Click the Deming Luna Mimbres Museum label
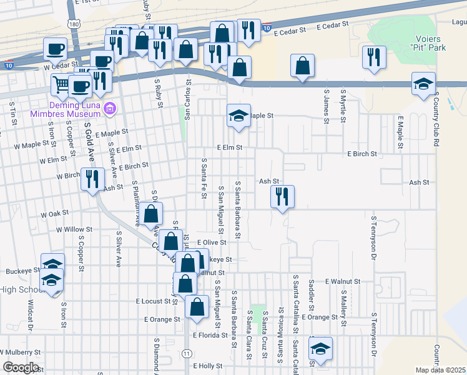pyautogui.click(x=66, y=109)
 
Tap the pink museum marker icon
pyautogui.click(x=111, y=109)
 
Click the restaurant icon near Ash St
pyautogui.click(x=282, y=197)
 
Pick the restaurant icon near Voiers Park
pyautogui.click(x=375, y=57)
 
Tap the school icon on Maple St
pyautogui.click(x=238, y=116)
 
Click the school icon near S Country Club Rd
pyautogui.click(x=423, y=84)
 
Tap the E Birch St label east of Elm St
pyautogui.click(x=363, y=154)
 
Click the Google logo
pyautogui.click(x=20, y=367)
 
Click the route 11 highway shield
pyautogui.click(x=187, y=354)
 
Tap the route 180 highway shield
pyautogui.click(x=75, y=24)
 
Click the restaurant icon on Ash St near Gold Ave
pyautogui.click(x=93, y=179)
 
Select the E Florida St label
pyautogui.click(x=212, y=336)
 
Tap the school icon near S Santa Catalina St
pyautogui.click(x=320, y=348)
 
